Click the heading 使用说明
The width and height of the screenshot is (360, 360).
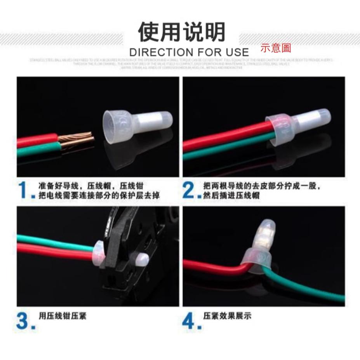click(182, 32)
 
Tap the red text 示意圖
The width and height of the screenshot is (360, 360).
click(276, 48)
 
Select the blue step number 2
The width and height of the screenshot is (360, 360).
click(189, 190)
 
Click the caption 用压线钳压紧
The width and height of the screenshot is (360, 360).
click(62, 316)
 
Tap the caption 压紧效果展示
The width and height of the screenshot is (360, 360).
click(227, 316)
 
